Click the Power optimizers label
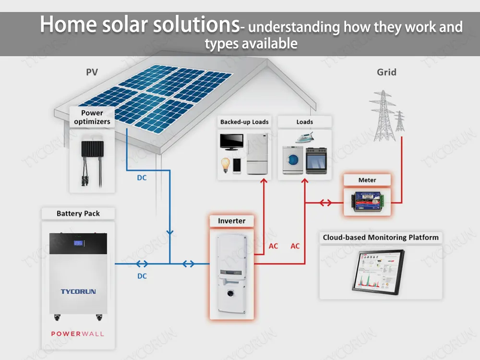[92, 118]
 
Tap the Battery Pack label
[78, 213]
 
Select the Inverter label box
[231, 221]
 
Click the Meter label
[367, 180]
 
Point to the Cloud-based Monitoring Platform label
[381, 237]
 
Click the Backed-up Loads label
[244, 122]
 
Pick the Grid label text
[386, 72]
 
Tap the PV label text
[92, 72]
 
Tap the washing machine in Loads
[293, 160]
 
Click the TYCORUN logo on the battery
[78, 291]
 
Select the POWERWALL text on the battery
[77, 334]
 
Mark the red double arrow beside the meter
[325, 203]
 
